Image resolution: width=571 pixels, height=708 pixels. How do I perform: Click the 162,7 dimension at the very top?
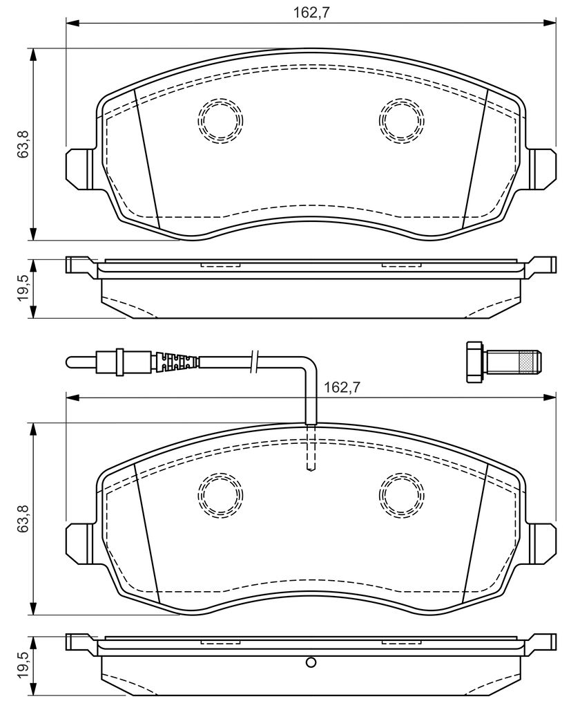(x=311, y=12)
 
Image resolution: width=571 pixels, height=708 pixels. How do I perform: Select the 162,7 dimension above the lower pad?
(x=342, y=387)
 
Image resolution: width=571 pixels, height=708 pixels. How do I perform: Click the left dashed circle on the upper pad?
(x=220, y=120)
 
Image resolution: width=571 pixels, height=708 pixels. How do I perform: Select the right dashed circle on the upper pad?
(x=402, y=120)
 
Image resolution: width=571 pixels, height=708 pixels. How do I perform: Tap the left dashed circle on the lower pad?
(x=220, y=495)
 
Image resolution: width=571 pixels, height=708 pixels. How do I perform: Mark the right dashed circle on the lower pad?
(x=402, y=495)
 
